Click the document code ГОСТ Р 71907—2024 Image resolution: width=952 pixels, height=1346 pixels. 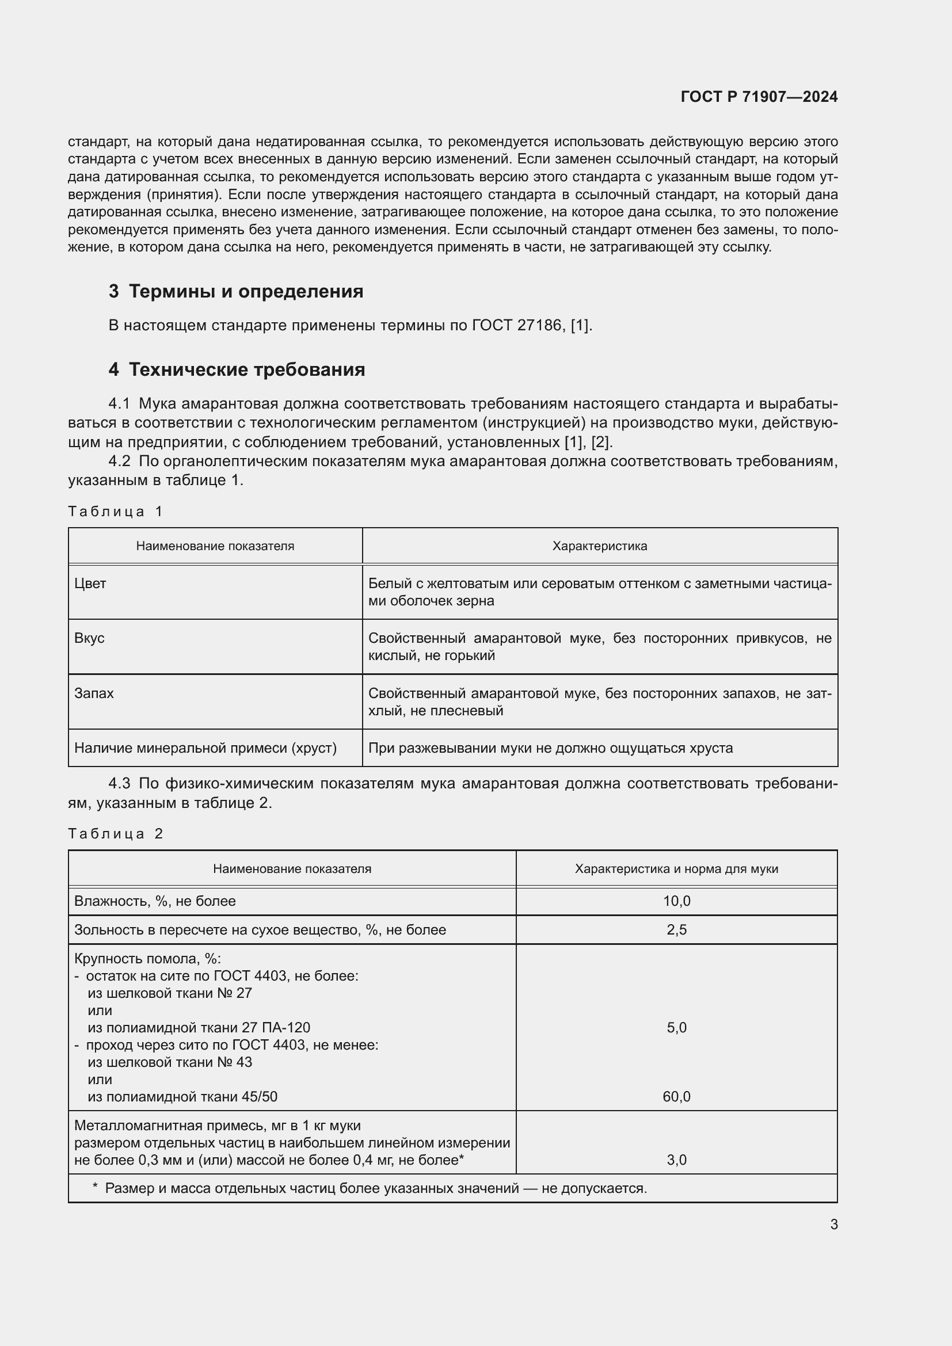pos(759,97)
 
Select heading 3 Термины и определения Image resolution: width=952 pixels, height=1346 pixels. pos(235,291)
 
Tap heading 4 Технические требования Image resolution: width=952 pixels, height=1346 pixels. pos(237,369)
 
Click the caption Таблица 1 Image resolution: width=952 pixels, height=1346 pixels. pos(115,511)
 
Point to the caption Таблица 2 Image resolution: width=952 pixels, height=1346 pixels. pos(115,834)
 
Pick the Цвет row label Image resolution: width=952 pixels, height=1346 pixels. pos(90,584)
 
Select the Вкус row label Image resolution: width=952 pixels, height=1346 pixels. pos(90,638)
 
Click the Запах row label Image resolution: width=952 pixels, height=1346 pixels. pos(94,693)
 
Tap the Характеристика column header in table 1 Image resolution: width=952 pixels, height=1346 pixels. pos(599,546)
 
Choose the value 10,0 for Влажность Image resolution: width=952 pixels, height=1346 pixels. pos(676,901)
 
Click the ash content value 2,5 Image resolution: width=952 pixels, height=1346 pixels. pos(676,930)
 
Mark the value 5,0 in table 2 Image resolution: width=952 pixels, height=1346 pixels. pos(676,1027)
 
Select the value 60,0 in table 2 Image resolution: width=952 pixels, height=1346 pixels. pos(676,1096)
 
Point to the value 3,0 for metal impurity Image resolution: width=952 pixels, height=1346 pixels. pos(676,1160)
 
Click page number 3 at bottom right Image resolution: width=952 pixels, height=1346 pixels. pos(833,1224)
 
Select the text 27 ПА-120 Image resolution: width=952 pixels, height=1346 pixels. pos(276,1027)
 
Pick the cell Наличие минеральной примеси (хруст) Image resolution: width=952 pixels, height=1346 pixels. pos(205,748)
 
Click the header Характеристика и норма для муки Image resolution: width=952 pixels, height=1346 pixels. pos(676,869)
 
